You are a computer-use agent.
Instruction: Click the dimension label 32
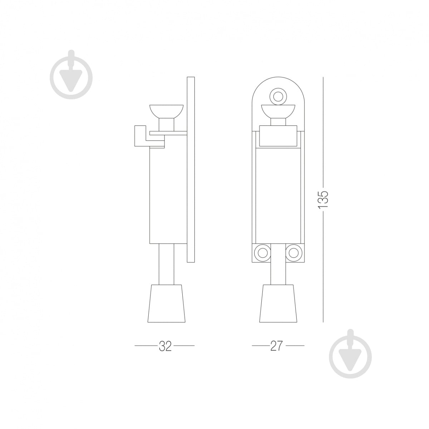(165, 352)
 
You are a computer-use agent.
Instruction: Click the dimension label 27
(276, 352)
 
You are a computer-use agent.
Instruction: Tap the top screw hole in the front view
(278, 97)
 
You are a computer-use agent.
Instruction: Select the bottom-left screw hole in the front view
(262, 253)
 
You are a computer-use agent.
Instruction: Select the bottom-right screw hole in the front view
(294, 253)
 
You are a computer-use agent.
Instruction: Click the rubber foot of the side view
(167, 304)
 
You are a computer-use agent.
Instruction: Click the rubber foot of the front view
(278, 304)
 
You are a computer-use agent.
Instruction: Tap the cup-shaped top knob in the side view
(167, 111)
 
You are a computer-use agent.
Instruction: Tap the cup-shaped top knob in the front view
(278, 111)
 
